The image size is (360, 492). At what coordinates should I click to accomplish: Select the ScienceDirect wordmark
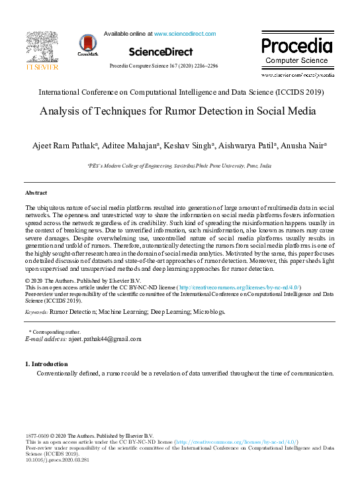click(x=161, y=52)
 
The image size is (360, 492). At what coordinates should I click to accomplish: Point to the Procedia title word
click(x=296, y=46)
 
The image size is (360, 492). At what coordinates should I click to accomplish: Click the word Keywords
click(x=35, y=311)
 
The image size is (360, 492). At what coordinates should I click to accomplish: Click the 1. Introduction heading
click(x=46, y=364)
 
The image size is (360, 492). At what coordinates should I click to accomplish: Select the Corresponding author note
click(x=54, y=331)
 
